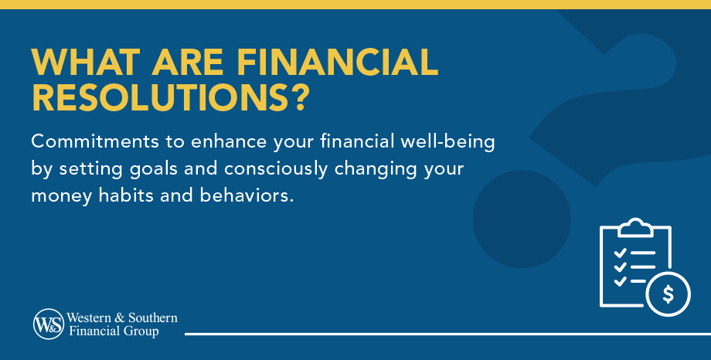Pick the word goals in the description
click(x=163, y=169)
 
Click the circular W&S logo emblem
click(x=49, y=324)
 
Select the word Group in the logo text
click(x=144, y=332)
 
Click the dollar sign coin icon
click(x=668, y=294)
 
